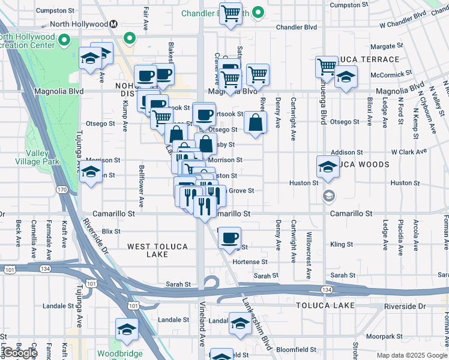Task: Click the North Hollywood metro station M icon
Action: click(113, 25)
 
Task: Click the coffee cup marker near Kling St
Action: click(229, 238)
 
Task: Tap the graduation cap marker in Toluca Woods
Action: click(328, 167)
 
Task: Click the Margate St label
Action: click(387, 46)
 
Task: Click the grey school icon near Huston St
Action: click(328, 195)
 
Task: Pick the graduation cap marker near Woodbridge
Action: click(127, 329)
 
